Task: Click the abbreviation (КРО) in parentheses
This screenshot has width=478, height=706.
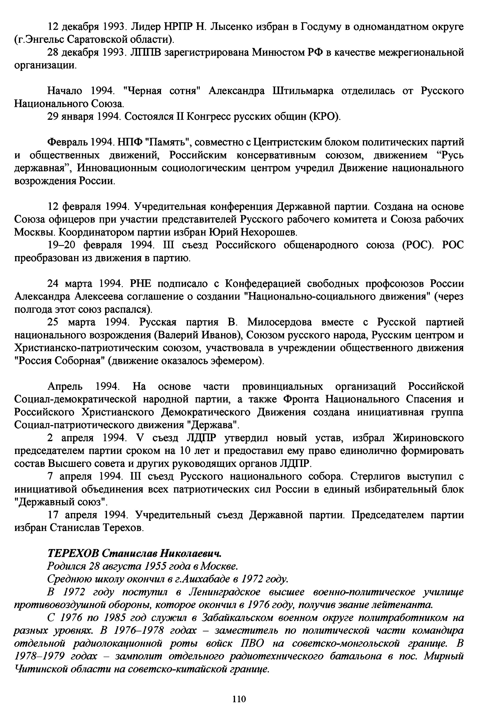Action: [x=324, y=117]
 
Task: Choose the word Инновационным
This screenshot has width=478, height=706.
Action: [x=117, y=168]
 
